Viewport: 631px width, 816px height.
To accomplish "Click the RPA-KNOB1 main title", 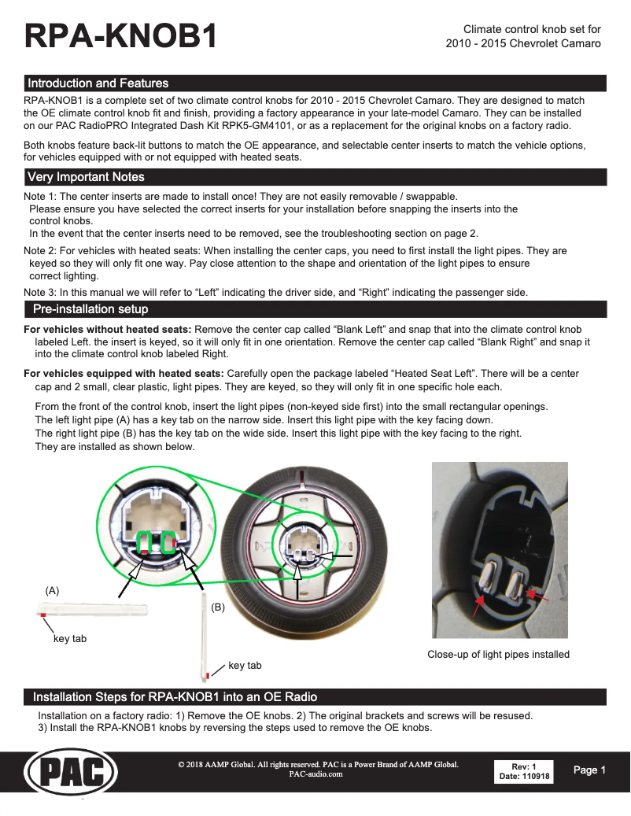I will point(121,36).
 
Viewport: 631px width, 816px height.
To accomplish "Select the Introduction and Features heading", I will point(98,83).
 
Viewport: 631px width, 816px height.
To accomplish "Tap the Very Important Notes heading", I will point(86,177).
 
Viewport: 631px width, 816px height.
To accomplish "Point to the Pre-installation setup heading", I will point(90,308).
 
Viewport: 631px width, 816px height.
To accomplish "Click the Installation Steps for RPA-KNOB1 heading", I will point(175,697).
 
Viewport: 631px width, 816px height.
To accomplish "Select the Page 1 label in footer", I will point(589,770).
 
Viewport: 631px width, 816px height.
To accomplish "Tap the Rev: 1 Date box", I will point(524,771).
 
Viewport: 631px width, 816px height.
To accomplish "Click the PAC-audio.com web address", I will point(316,774).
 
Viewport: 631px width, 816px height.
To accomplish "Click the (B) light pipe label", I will point(218,607).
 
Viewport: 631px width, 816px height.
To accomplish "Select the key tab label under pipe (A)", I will point(69,638).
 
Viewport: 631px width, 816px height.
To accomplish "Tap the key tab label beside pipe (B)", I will point(245,666).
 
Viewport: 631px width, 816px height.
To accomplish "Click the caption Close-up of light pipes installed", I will point(498,654).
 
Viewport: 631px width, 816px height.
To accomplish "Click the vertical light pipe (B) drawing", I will point(205,639).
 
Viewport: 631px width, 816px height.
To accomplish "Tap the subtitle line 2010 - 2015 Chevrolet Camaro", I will point(523,43).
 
